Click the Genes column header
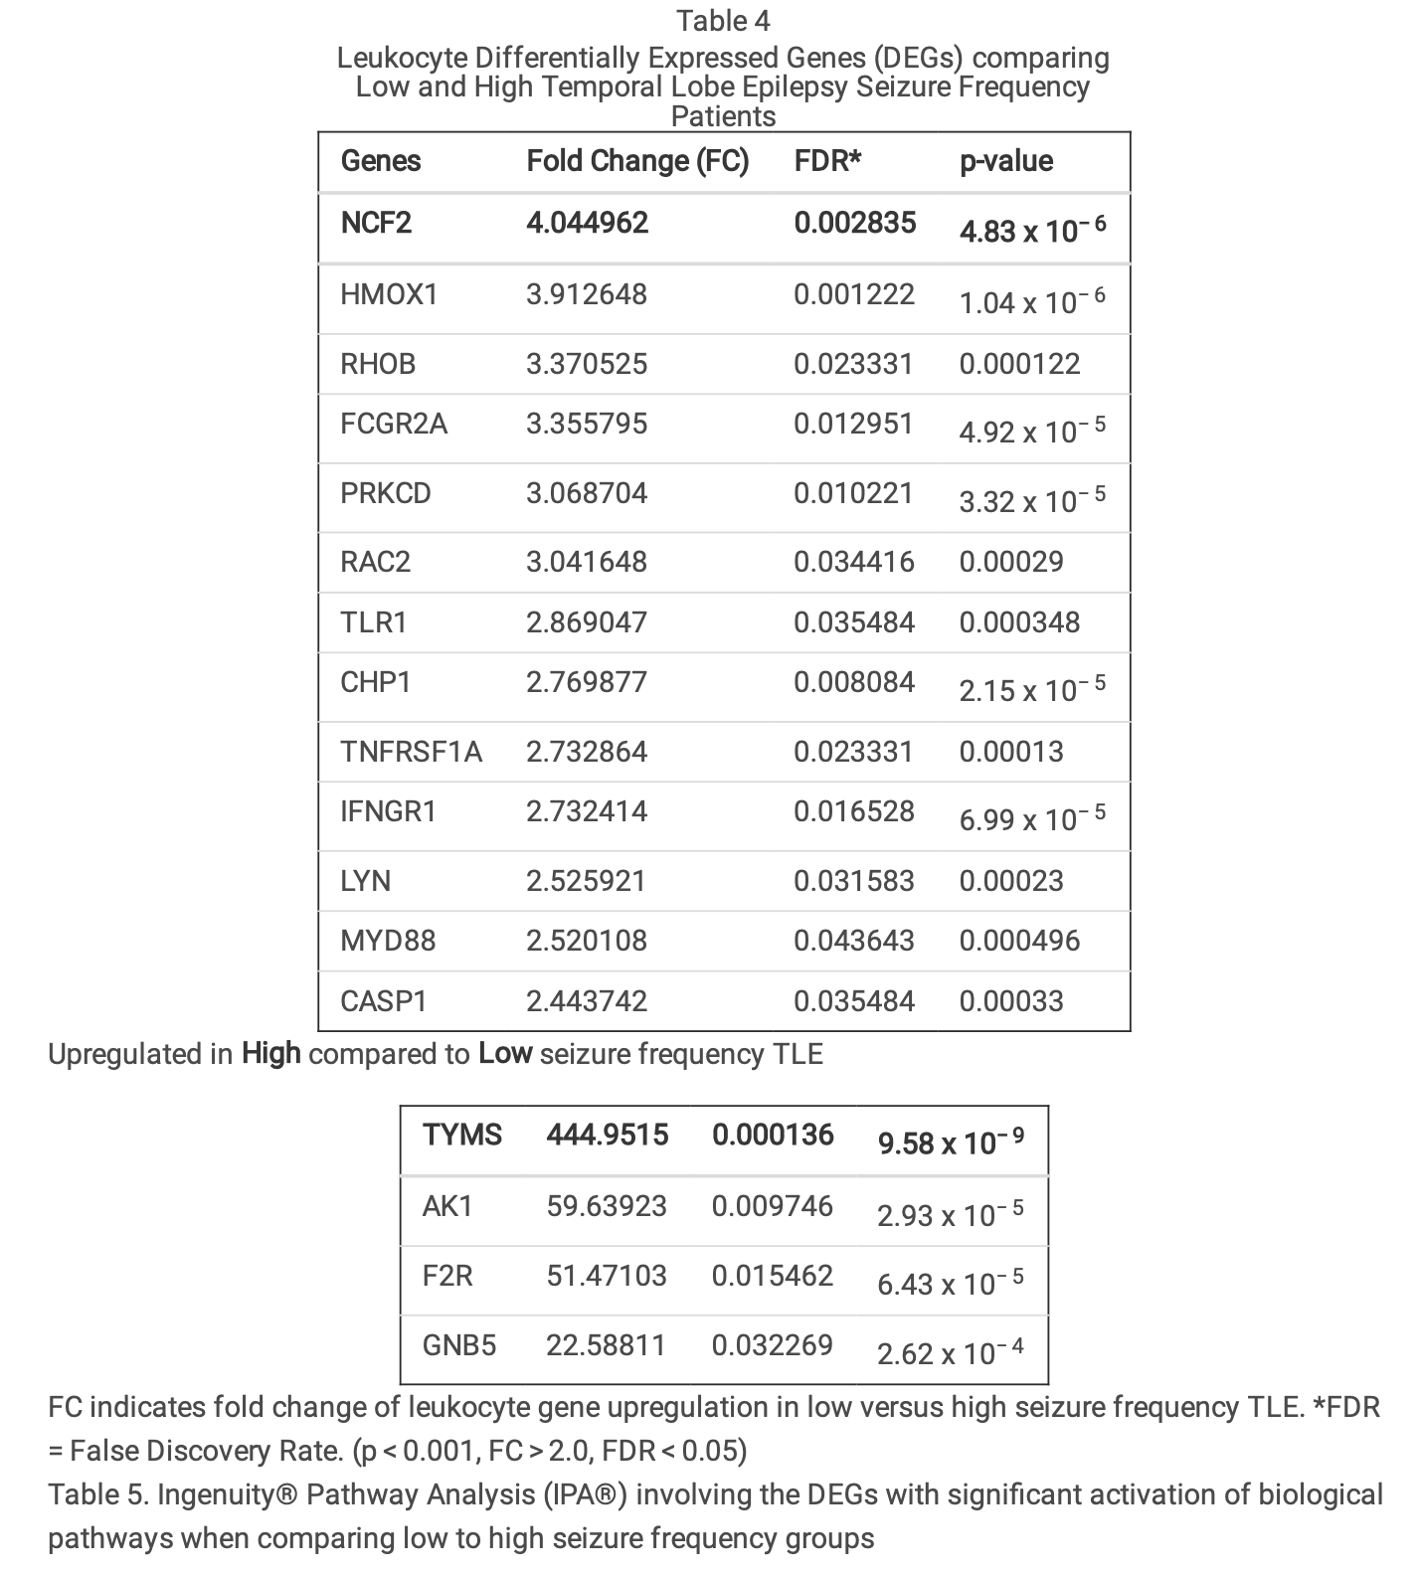tap(380, 161)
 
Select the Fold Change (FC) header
tap(636, 161)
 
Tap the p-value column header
tap(1005, 161)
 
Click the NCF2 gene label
tap(375, 223)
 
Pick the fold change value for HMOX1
tap(586, 294)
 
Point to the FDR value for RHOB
tap(852, 364)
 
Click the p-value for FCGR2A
tap(1031, 431)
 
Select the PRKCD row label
tap(385, 493)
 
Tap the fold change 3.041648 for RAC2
tap(586, 562)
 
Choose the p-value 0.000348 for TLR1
tap(1018, 622)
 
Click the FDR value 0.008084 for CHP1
tap(853, 682)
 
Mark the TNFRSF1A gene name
tap(411, 752)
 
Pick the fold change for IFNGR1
tap(586, 811)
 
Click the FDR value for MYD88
tap(853, 941)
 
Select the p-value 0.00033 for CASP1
tap(1010, 1001)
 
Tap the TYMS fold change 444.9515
tap(607, 1135)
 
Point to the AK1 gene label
tap(447, 1206)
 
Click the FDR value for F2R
tap(772, 1276)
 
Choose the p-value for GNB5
tap(950, 1352)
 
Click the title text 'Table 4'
tap(723, 21)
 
